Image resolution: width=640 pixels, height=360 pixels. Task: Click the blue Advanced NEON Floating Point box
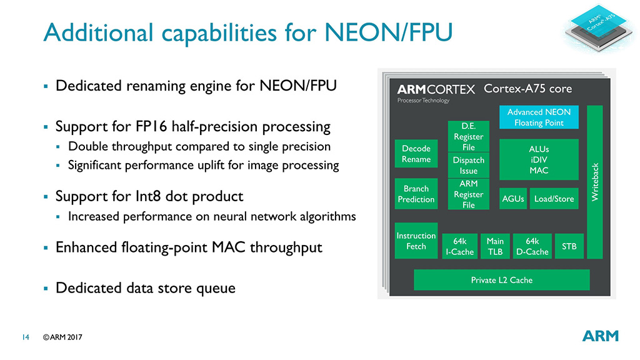539,117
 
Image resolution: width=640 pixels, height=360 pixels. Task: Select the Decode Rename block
416,154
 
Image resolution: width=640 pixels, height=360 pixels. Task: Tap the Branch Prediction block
416,194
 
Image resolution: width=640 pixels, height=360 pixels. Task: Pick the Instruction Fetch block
416,241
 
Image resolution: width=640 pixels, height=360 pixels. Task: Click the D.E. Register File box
468,136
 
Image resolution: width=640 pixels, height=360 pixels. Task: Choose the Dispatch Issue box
468,165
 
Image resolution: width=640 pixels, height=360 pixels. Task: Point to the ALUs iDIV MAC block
539,159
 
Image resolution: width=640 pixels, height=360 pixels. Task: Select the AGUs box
513,199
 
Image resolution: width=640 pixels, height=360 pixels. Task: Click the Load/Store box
554,199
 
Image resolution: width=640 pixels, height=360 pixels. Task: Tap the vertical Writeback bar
595,182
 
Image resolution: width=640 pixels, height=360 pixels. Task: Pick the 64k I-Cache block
459,246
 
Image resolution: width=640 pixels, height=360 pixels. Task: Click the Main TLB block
495,246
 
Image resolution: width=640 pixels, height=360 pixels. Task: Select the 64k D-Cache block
532,246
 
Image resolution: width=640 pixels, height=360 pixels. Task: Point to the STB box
569,246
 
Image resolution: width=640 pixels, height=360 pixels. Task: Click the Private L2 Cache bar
502,280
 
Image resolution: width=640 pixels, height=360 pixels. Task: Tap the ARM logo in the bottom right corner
600,336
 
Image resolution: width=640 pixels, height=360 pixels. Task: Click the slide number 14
26,337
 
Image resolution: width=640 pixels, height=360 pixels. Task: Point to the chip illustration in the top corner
599,27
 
